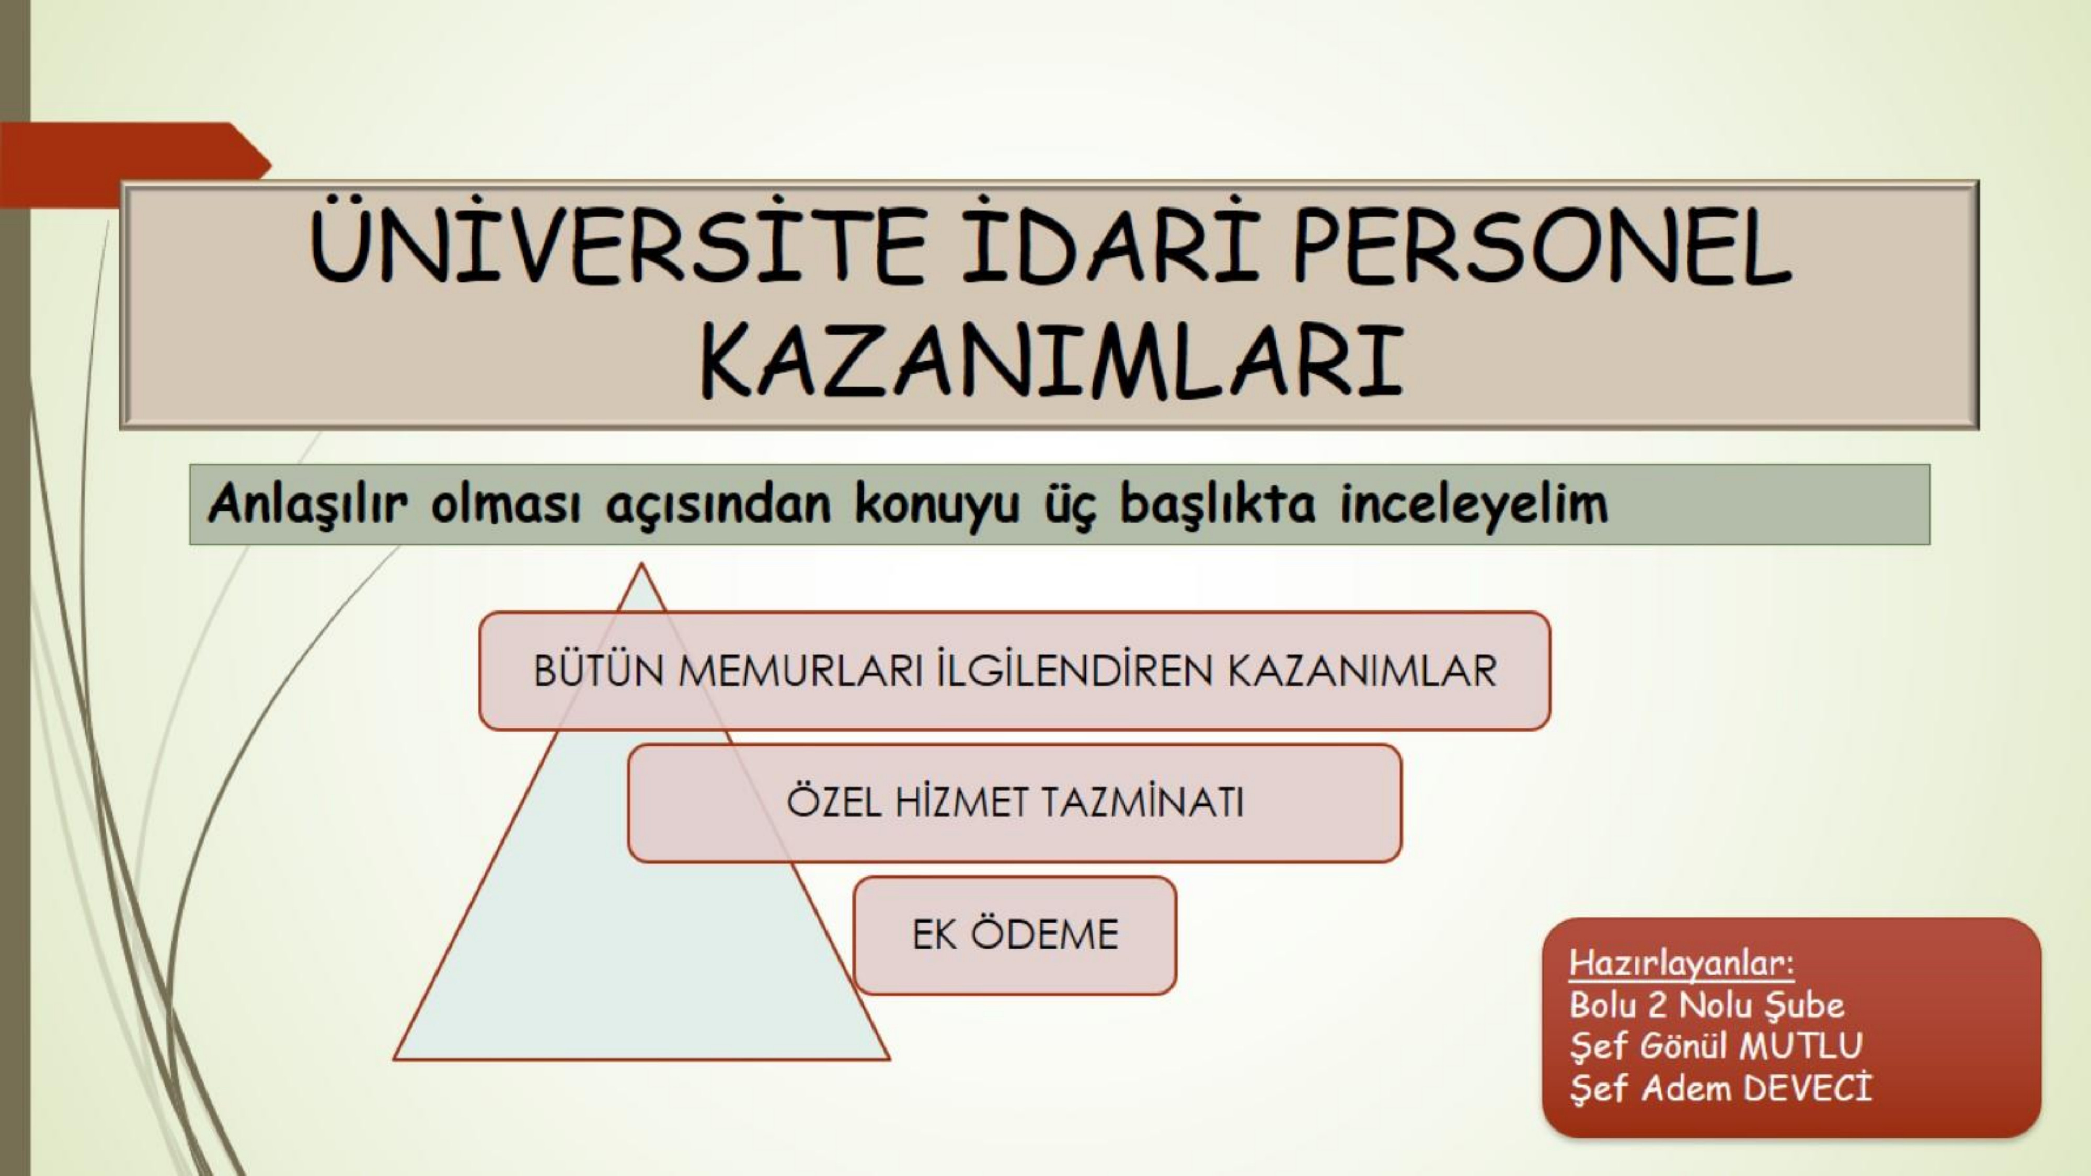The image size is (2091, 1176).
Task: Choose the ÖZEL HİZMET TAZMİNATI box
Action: point(1015,803)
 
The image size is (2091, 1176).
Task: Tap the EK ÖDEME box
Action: point(1015,935)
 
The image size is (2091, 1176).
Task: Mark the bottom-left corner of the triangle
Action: point(395,1058)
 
